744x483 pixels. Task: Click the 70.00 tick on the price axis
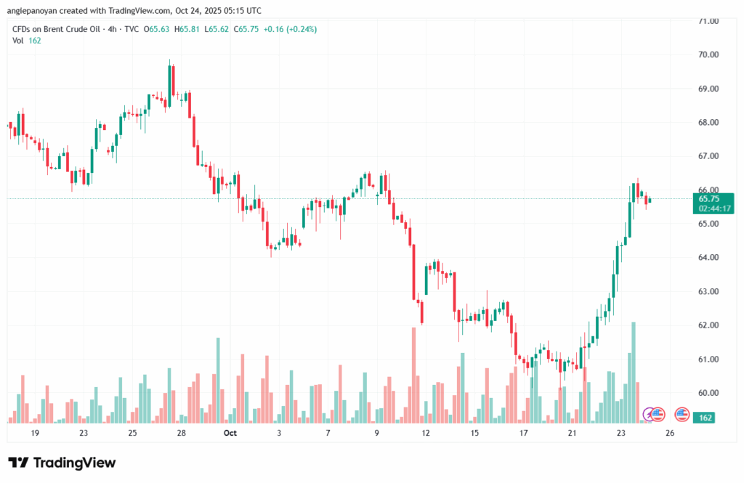[x=708, y=55]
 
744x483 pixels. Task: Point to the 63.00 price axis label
[x=708, y=292]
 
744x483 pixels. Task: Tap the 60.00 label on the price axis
[x=708, y=393]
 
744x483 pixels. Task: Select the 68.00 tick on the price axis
[x=708, y=123]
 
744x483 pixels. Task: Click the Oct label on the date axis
[x=230, y=433]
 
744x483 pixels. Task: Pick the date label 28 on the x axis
[x=181, y=433]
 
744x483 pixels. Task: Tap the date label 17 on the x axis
[x=523, y=433]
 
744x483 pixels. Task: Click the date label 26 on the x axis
[x=670, y=433]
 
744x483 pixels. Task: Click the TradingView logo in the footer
[x=62, y=463]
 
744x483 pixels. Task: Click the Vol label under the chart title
[x=18, y=41]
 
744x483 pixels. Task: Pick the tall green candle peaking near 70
[x=170, y=81]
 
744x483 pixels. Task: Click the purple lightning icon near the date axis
[x=649, y=415]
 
